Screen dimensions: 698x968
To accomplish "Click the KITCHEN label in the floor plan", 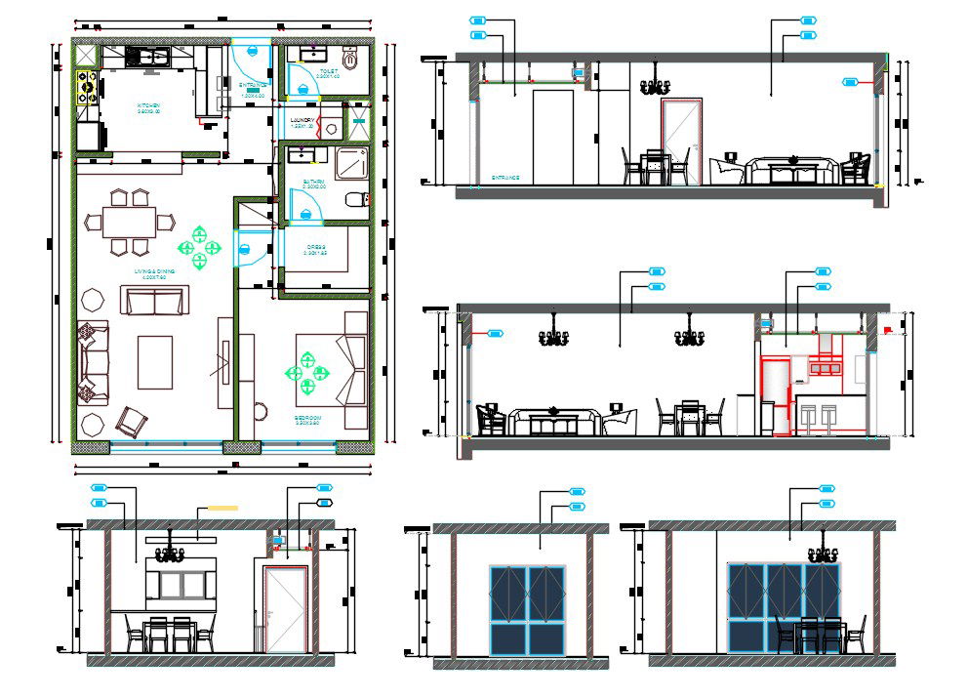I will coord(148,105).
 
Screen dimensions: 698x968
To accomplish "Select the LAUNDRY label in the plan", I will coord(302,121).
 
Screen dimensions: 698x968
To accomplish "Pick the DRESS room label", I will coord(314,248).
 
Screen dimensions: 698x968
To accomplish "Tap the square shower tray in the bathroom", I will coord(351,162).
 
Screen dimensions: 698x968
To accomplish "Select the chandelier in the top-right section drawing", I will coord(653,86).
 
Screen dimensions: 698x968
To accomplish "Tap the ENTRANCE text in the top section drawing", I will coord(505,179).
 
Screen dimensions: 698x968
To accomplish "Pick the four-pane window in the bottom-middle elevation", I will coord(528,609).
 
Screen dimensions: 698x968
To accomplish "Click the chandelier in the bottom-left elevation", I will coord(171,554).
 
